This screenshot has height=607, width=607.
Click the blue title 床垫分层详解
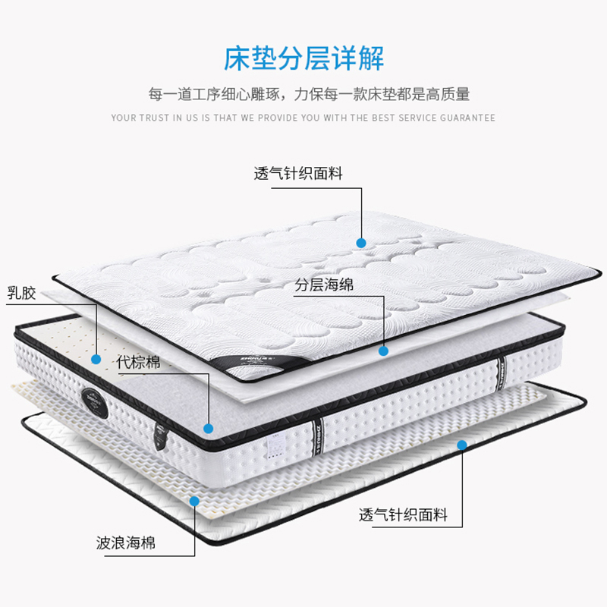(303, 58)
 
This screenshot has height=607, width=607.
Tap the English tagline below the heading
(303, 118)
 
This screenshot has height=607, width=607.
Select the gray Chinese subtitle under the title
(309, 95)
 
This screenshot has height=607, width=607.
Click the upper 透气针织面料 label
(298, 174)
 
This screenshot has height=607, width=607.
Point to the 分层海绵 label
(324, 286)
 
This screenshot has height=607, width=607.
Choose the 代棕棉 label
(138, 363)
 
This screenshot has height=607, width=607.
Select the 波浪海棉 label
(126, 543)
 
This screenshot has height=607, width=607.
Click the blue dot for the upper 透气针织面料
(361, 244)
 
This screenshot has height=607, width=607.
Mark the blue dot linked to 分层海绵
(384, 351)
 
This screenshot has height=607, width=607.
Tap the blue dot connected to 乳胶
(96, 358)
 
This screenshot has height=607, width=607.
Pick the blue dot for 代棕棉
(209, 429)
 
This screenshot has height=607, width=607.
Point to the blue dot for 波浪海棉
(195, 502)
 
